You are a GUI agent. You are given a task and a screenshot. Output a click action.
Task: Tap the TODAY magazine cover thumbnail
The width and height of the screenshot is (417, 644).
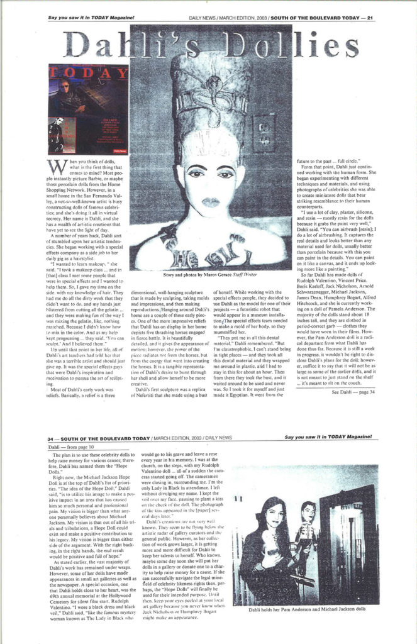pyautogui.click(x=88, y=109)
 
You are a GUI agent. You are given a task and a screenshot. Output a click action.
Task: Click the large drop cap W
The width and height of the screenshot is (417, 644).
pyautogui.click(x=55, y=166)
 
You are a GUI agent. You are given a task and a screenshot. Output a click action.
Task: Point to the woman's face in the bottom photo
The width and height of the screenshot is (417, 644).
pyautogui.click(x=275, y=514)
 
